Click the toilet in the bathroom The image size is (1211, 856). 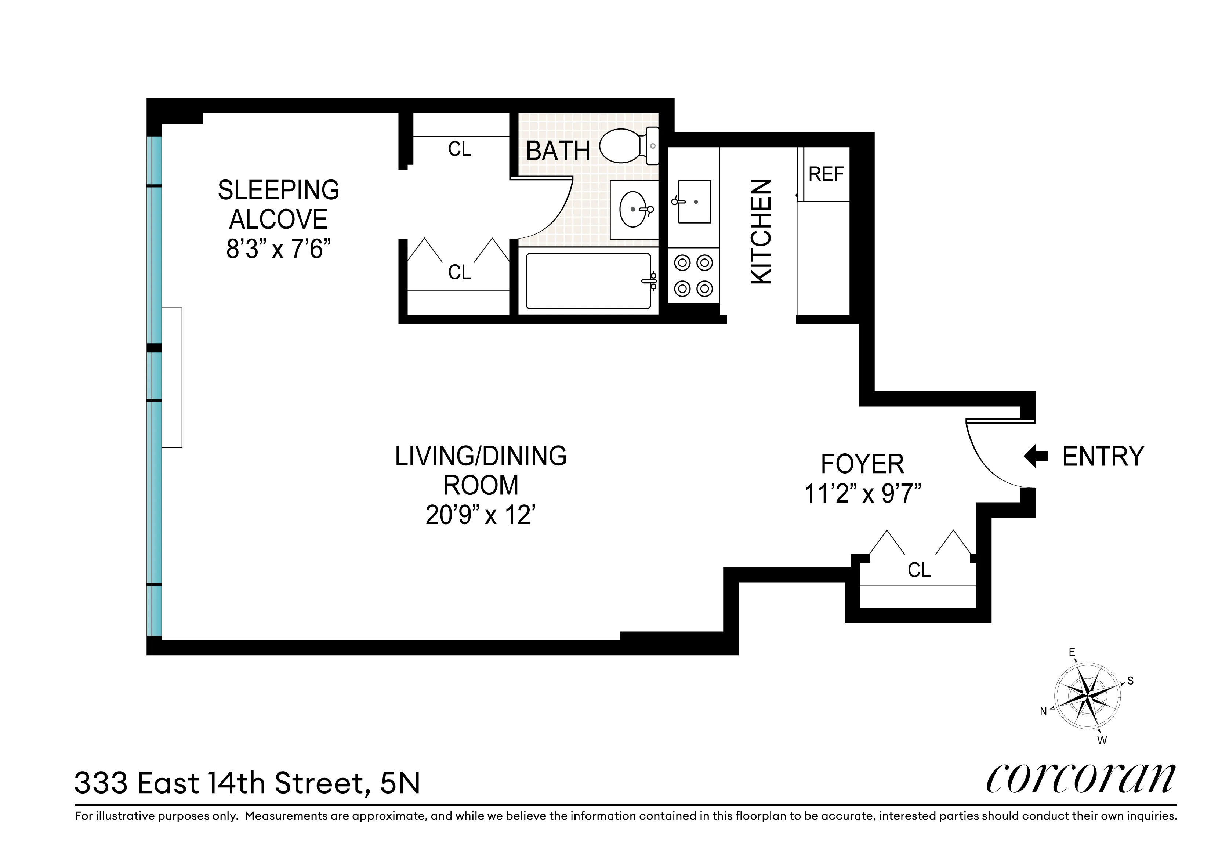pos(628,146)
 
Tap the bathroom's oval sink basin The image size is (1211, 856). pos(633,209)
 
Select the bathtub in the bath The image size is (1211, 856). pos(588,280)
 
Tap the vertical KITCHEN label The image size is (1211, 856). pos(761,232)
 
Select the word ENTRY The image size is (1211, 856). pos(1103,456)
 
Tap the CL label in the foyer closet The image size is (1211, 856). pos(919,570)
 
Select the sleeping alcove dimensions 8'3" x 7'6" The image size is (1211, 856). pos(279,249)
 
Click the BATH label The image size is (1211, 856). pos(558,151)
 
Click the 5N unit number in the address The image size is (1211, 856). pos(400,784)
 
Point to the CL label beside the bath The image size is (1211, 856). pos(459,149)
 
